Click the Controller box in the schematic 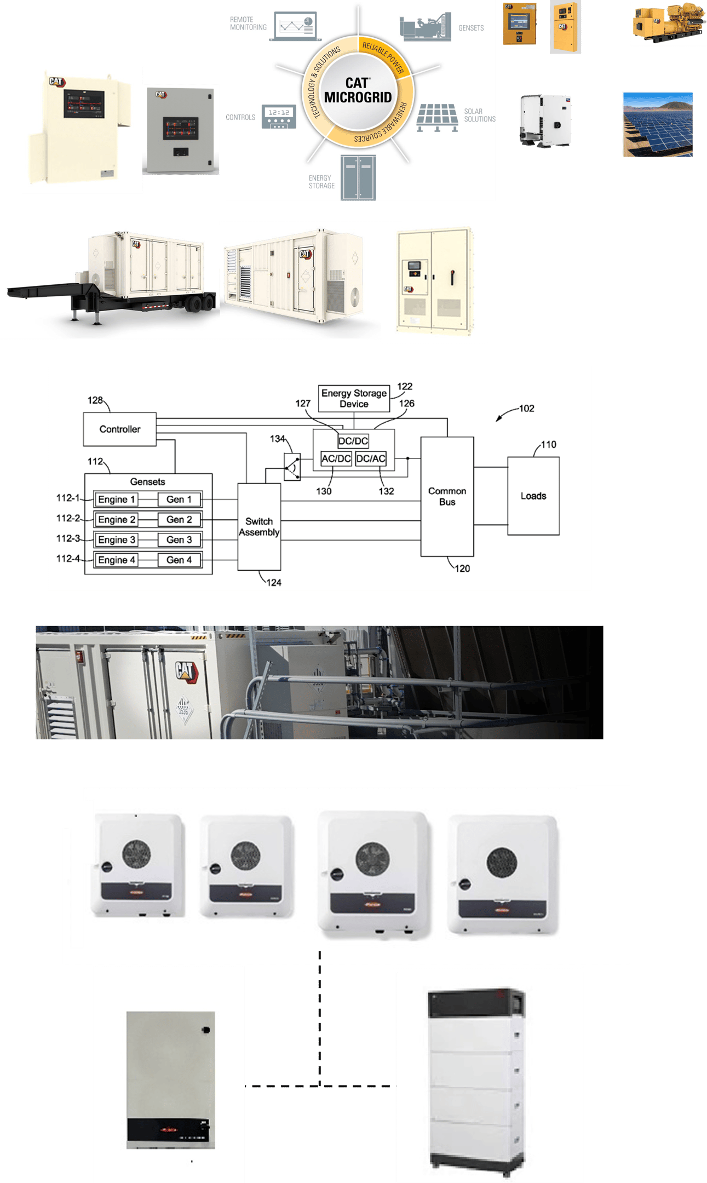click(119, 429)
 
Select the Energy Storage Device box click(354, 399)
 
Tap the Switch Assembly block click(259, 527)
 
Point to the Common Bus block click(447, 496)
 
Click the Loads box click(533, 496)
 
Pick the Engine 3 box click(117, 540)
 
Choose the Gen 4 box click(179, 560)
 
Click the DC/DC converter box click(353, 441)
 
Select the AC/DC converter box click(336, 459)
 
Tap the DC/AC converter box click(371, 459)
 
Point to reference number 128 click(95, 400)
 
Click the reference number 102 click(526, 409)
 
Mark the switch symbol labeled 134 click(292, 467)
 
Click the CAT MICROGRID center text click(358, 91)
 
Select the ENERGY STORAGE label click(321, 182)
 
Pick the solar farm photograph click(657, 124)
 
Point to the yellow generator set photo click(668, 24)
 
